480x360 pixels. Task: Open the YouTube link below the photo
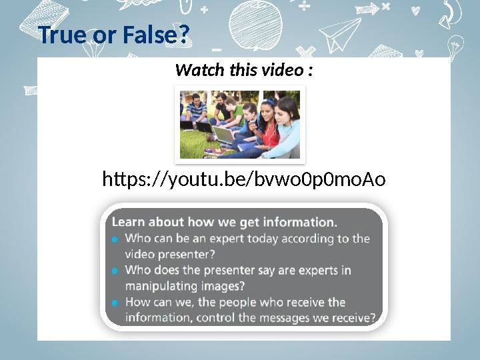(x=243, y=179)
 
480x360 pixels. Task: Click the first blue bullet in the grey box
(x=115, y=239)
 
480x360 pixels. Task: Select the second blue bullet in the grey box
(x=115, y=271)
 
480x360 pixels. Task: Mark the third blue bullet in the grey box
(x=115, y=303)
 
